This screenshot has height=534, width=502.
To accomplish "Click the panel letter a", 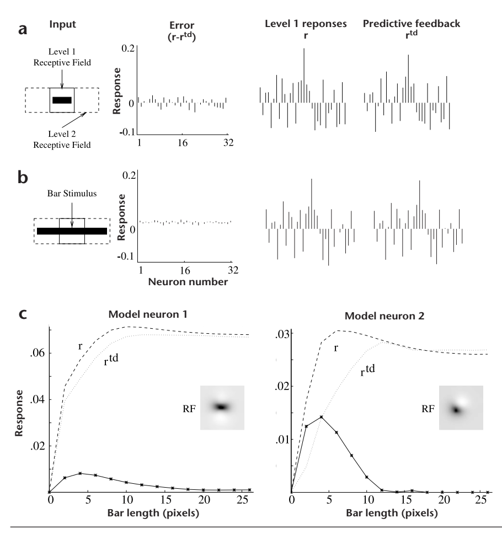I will (x=23, y=29).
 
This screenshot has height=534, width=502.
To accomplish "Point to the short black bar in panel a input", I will (x=62, y=100).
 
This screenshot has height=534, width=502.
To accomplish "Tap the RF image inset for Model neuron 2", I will (x=461, y=408).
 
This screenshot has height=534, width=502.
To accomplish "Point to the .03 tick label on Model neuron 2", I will (x=282, y=333).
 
